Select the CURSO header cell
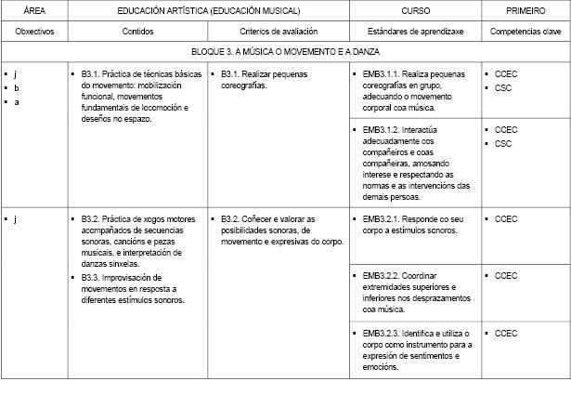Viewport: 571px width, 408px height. (x=415, y=10)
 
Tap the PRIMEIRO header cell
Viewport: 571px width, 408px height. (x=526, y=10)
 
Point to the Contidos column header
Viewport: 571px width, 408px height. (x=137, y=32)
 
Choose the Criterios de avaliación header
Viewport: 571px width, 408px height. (x=279, y=32)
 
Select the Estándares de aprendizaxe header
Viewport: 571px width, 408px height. (x=415, y=32)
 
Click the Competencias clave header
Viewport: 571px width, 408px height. (x=526, y=32)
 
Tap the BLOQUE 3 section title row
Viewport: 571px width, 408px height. (x=286, y=52)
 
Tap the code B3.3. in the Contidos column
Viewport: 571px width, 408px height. (x=91, y=277)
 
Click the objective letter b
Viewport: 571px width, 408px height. (x=17, y=87)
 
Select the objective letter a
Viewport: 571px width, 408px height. (x=17, y=101)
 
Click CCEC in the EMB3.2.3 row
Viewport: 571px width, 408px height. (x=506, y=333)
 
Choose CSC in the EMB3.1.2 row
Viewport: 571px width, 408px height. (x=503, y=144)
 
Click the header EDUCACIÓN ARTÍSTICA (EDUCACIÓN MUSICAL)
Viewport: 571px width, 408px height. (x=209, y=10)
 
